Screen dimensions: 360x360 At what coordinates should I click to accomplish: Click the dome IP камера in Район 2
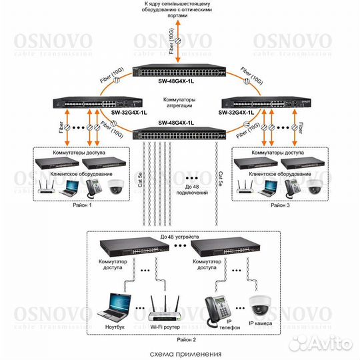point(259,306)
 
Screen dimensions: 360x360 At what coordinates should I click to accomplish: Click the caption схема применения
point(181,355)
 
